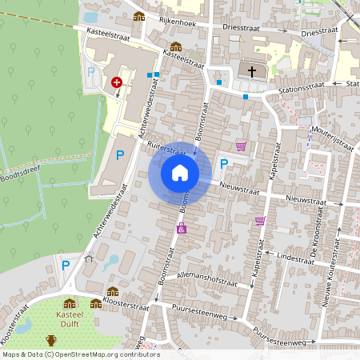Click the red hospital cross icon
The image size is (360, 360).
[118, 82]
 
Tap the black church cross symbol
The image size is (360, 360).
[252, 72]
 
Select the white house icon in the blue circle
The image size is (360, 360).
[180, 173]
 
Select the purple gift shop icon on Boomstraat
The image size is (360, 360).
[182, 229]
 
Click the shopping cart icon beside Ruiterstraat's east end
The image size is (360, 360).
[241, 146]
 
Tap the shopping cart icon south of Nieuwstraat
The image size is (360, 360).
[260, 221]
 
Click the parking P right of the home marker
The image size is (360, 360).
[224, 164]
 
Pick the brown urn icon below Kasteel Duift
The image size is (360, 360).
[51, 341]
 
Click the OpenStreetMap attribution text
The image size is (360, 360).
[81, 354]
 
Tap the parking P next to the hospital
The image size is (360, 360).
[90, 72]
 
